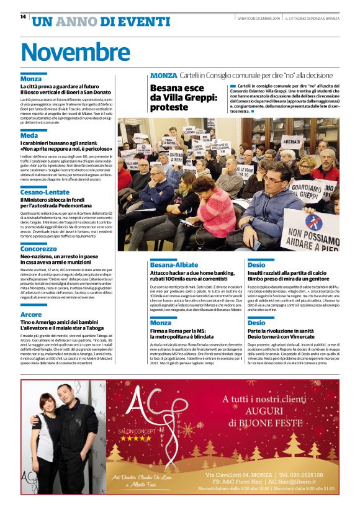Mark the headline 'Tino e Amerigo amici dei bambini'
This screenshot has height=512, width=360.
click(64, 323)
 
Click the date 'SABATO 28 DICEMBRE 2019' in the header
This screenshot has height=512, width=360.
click(259, 18)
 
